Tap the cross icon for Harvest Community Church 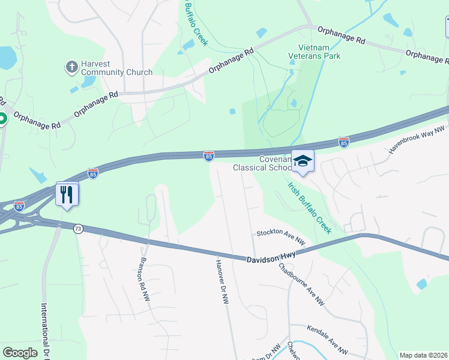pos(71,66)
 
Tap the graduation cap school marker pos(303,161)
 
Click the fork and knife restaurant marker pos(67,194)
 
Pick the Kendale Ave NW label pos(327,339)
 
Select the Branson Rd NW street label pos(144,278)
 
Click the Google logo pos(20,353)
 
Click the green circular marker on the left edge pos(2,119)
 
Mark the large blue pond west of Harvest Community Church pos(7,58)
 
